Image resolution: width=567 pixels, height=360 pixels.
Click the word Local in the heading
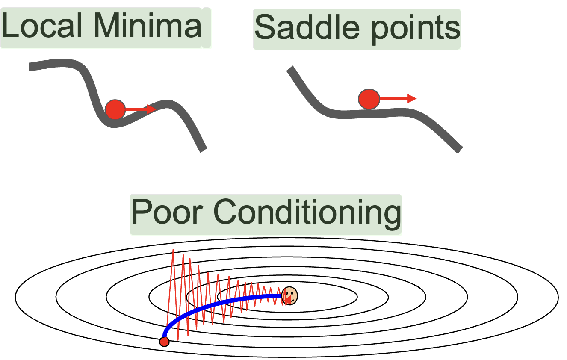tap(42, 25)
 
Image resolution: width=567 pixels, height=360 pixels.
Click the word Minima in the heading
tap(148, 25)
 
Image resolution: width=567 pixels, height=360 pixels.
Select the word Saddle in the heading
tap(307, 27)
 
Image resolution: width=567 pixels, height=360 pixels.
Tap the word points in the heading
tap(416, 30)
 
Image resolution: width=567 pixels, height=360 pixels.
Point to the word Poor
tap(167, 212)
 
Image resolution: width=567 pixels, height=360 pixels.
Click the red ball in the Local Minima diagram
tap(115, 109)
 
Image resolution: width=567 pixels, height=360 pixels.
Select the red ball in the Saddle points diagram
tap(369, 99)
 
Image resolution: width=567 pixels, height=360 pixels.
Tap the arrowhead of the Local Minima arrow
tap(151, 109)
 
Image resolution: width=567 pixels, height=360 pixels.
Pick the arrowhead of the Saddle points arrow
tap(412, 98)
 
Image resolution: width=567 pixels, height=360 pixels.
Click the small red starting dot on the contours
tap(164, 342)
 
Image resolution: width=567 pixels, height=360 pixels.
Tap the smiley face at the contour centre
tap(289, 296)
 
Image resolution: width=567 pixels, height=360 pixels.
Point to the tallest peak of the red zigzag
tap(173, 250)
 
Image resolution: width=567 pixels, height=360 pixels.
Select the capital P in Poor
tap(141, 212)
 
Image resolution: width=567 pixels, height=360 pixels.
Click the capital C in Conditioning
tap(225, 212)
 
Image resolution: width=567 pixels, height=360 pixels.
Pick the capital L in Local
tap(10, 25)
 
